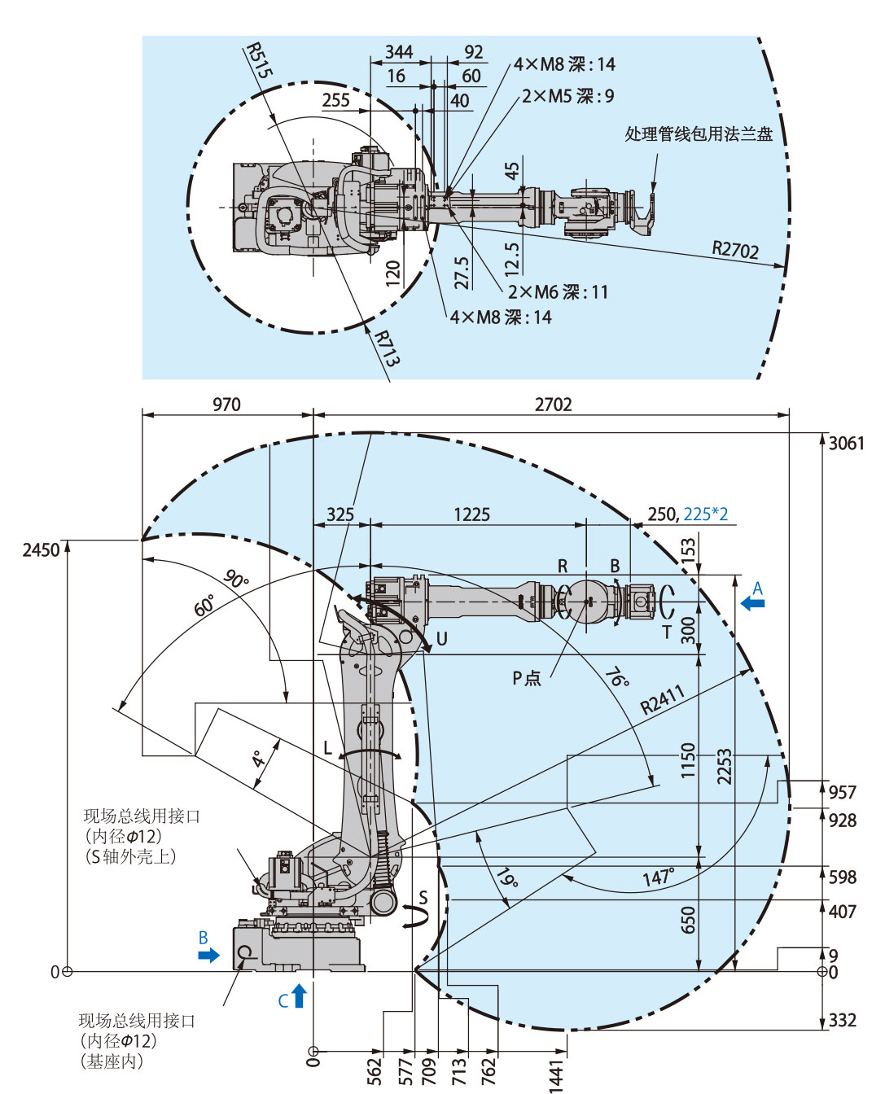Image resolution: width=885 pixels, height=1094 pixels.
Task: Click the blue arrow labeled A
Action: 754,603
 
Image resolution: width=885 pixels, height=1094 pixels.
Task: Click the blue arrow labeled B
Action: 208,955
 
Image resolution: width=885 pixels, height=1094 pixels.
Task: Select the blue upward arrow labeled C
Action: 299,996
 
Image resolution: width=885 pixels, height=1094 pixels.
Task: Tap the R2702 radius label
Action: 735,249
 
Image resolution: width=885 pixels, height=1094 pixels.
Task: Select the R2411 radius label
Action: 663,699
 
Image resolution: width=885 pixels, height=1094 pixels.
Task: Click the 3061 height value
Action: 846,444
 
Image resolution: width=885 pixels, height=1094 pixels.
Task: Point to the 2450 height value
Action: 41,550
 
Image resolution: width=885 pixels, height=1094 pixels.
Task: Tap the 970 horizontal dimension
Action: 226,405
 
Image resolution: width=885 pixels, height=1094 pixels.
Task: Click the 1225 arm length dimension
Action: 471,514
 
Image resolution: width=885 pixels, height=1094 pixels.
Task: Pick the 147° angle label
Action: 658,877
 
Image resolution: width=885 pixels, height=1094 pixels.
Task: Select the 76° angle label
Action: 616,677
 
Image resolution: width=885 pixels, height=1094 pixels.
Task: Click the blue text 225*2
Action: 705,514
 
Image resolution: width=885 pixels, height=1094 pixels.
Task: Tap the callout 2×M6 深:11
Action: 558,292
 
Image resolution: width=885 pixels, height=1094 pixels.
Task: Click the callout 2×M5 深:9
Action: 567,96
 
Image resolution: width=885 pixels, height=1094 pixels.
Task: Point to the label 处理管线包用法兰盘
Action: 699,134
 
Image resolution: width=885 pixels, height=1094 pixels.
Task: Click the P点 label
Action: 527,678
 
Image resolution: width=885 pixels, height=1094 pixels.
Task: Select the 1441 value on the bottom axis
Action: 557,1074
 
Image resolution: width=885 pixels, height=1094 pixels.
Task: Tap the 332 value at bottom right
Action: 843,1021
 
